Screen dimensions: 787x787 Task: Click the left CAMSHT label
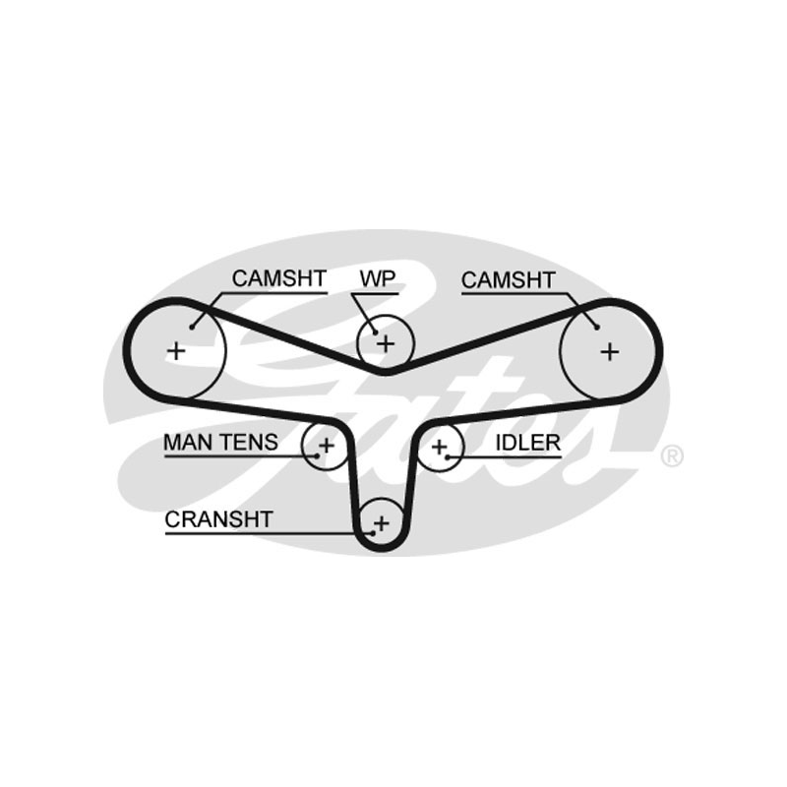tap(278, 278)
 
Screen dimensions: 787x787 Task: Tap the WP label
tap(377, 278)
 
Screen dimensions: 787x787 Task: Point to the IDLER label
tap(527, 443)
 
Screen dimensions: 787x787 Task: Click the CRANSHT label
tap(218, 519)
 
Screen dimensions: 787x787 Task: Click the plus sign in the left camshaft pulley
tap(176, 349)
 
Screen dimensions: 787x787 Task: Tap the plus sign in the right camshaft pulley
tap(610, 349)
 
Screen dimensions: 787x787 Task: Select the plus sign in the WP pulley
tap(386, 343)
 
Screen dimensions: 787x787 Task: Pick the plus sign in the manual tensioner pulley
tap(326, 446)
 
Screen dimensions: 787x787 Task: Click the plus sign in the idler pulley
tap(439, 448)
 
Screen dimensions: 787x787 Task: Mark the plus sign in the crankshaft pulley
tap(382, 522)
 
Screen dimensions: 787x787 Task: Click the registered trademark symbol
tap(671, 455)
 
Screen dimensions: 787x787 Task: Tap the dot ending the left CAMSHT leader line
tap(192, 326)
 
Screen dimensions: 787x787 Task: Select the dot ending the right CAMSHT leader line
tap(596, 326)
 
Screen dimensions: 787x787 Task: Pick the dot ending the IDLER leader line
tap(448, 456)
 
